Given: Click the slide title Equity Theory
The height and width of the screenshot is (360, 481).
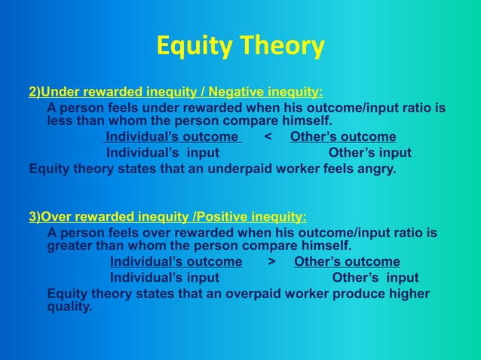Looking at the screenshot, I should (240, 47).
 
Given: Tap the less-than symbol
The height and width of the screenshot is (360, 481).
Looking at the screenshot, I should (268, 136).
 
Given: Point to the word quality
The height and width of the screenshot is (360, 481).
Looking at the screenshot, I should (69, 307).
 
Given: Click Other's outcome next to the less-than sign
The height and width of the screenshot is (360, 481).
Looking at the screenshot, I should (343, 136).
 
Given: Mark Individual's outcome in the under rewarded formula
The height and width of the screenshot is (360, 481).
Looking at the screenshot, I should (172, 136).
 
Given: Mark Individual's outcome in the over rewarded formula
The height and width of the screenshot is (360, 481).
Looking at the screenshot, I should (176, 261).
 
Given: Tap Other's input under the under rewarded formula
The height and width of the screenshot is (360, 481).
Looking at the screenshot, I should (370, 153).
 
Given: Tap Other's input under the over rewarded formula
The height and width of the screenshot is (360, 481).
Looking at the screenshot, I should (375, 278).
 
